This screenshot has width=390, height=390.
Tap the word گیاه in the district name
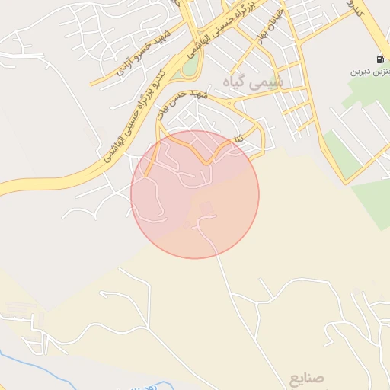[x=238, y=81]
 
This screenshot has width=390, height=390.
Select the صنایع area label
[x=307, y=377]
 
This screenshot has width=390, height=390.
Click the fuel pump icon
[x=379, y=59]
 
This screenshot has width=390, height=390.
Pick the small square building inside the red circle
[x=206, y=208]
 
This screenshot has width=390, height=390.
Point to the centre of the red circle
[x=195, y=194]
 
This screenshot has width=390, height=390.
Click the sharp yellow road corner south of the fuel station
[x=347, y=183]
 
